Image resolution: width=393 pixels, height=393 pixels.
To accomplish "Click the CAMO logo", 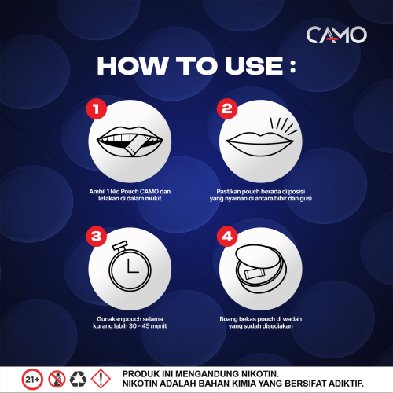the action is click(x=336, y=35).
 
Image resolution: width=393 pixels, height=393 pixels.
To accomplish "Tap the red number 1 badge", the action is click(x=96, y=108).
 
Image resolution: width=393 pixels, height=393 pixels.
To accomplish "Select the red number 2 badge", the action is click(x=227, y=108).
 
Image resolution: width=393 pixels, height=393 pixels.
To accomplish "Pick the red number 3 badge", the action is click(x=96, y=236).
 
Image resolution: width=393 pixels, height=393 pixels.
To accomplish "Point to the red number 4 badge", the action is click(x=227, y=236).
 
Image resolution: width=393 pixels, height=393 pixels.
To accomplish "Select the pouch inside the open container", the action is click(x=255, y=274).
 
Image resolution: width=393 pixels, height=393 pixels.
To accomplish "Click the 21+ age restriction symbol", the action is click(x=32, y=379).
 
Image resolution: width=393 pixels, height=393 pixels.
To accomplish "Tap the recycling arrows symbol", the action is click(x=78, y=379).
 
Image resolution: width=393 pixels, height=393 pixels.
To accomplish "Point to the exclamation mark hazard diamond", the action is click(x=101, y=379).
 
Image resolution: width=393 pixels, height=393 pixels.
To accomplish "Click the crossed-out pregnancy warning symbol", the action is click(x=57, y=379).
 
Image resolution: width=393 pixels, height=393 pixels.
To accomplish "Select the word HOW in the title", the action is click(x=132, y=66).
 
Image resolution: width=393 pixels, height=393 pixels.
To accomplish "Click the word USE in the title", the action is click(x=254, y=66).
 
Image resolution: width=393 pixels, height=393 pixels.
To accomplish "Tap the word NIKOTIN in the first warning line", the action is click(x=257, y=373).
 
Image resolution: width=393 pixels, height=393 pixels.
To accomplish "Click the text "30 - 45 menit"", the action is click(x=148, y=326).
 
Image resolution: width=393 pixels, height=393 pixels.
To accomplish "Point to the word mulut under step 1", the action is click(x=153, y=199).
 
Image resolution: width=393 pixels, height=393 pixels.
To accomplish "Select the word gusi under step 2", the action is click(x=306, y=199).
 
